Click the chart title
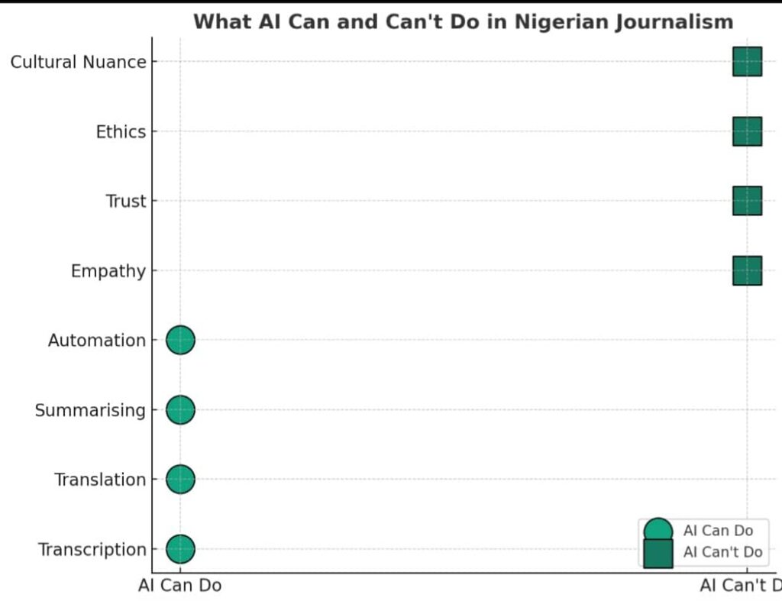pos(463,21)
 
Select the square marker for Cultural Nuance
pos(747,62)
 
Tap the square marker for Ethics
pos(747,131)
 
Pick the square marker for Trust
pos(747,201)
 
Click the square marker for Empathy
pos(747,270)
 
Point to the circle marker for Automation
pos(181,340)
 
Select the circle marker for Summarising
pos(181,410)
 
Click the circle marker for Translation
pos(181,480)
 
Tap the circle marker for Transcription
pos(181,549)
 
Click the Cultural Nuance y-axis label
pos(78,62)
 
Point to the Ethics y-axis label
pos(121,132)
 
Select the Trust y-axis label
pos(126,202)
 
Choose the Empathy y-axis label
pos(108,271)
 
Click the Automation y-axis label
pos(96,341)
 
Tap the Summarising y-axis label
pos(90,411)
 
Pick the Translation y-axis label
pos(99,480)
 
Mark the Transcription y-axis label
pos(92,550)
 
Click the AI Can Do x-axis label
pos(180,586)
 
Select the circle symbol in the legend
pos(658,532)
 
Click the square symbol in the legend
pos(658,553)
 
